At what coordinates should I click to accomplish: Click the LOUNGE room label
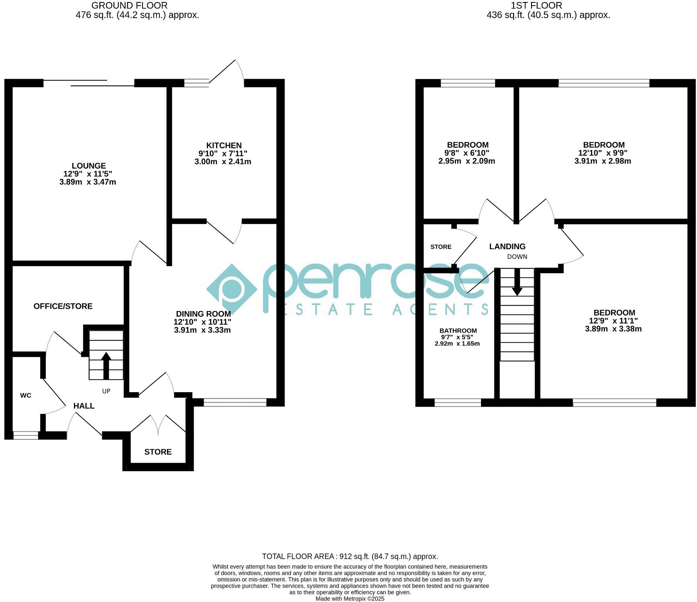click(x=89, y=166)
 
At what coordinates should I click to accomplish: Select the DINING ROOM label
click(x=203, y=314)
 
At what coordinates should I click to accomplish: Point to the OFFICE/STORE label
click(x=63, y=306)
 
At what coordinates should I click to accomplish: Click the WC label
click(x=26, y=395)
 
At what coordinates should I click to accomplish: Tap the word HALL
click(x=84, y=406)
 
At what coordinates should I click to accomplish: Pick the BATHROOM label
click(x=458, y=331)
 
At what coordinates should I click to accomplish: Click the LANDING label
click(x=507, y=246)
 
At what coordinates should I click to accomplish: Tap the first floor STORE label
click(x=441, y=247)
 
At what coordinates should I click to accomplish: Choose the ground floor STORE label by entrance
click(x=158, y=452)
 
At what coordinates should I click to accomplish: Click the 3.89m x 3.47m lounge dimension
click(x=88, y=182)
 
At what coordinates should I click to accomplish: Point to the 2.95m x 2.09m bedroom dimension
click(x=467, y=161)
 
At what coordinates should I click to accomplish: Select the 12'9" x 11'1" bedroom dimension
click(x=613, y=321)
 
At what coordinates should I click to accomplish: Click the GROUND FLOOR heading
click(x=129, y=6)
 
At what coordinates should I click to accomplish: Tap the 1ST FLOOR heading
click(x=536, y=6)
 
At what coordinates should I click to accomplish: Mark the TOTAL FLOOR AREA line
click(x=350, y=556)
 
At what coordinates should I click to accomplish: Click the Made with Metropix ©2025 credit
click(x=350, y=599)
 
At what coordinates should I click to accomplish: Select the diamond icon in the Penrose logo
click(x=232, y=289)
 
